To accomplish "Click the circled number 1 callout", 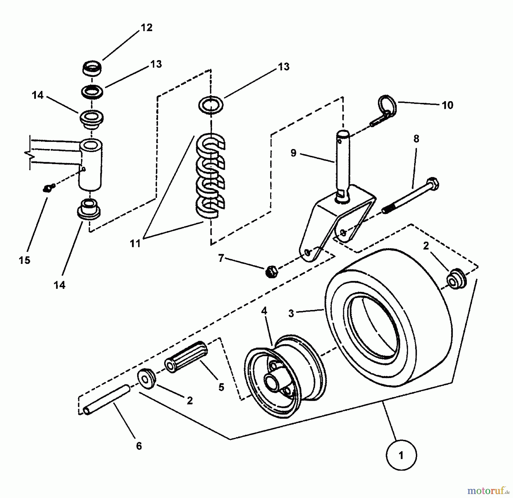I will point(401,455).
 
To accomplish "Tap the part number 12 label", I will point(146,28).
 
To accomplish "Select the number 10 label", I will point(447,105).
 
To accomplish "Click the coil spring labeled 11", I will point(211,177).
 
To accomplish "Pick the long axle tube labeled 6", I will point(107,399).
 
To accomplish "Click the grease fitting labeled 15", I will point(47,188).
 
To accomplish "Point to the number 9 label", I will point(294,153).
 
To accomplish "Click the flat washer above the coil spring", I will point(211,105).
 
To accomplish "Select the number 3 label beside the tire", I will point(291,313).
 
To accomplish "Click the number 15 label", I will point(25,260).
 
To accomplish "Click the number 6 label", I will point(139,446).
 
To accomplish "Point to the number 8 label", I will point(416,139).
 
